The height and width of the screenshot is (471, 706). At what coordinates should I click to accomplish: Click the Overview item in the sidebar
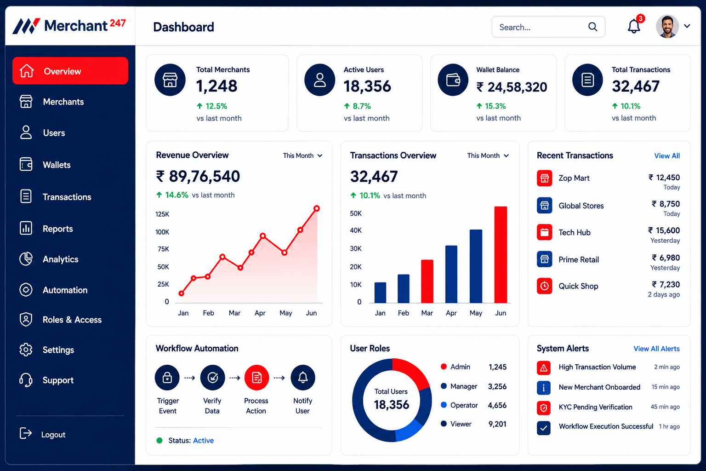tap(70, 71)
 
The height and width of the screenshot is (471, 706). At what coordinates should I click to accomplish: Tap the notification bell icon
tap(633, 26)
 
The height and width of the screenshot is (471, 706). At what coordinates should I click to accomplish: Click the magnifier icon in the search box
tap(592, 27)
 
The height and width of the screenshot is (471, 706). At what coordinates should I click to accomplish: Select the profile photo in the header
tap(667, 26)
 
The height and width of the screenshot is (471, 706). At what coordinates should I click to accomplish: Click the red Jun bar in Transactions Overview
tap(501, 254)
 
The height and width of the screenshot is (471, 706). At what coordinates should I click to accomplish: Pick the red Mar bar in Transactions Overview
tap(427, 281)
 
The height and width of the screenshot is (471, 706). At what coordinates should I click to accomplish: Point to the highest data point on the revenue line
tap(317, 208)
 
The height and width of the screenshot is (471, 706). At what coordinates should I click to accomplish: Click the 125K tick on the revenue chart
tap(162, 214)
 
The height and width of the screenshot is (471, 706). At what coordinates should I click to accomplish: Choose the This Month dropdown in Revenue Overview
tap(302, 155)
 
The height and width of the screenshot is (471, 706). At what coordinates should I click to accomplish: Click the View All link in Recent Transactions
tap(667, 156)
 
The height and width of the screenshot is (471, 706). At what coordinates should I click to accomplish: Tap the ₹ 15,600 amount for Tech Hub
tap(664, 230)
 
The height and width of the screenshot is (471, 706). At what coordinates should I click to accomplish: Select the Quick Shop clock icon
tap(544, 286)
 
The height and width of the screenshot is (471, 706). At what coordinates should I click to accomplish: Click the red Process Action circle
tap(256, 377)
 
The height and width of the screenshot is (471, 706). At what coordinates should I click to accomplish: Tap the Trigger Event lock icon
tap(167, 377)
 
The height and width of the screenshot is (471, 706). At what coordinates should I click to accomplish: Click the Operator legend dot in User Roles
tap(444, 405)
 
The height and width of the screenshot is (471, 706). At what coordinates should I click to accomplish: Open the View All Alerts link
tap(656, 349)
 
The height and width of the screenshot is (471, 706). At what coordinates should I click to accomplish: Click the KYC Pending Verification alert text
tap(595, 407)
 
